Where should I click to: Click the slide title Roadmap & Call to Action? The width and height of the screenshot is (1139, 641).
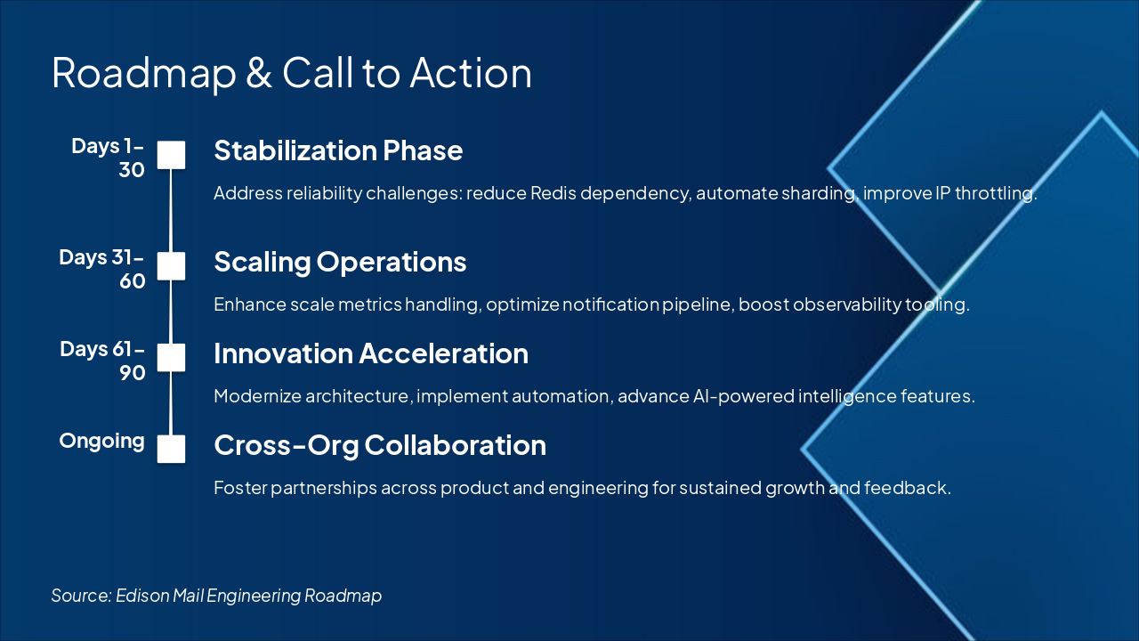coord(292,73)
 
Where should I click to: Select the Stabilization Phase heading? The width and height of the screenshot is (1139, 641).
coord(338,150)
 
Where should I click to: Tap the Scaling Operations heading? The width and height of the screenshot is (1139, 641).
coord(340,263)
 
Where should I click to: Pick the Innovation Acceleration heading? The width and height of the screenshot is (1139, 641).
coord(371,353)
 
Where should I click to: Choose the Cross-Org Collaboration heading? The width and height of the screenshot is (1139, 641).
coord(380,446)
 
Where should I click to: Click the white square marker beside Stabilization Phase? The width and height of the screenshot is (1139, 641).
coord(171,155)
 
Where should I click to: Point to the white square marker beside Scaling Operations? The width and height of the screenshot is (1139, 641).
coord(171,266)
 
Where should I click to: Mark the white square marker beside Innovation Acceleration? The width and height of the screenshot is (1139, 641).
coord(171,358)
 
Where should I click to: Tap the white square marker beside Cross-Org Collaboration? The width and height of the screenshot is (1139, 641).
coord(171,450)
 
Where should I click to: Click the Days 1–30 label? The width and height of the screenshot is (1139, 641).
coord(108,158)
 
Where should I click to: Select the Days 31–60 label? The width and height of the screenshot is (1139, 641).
coord(102,269)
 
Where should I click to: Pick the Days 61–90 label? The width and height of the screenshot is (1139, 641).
coord(102,361)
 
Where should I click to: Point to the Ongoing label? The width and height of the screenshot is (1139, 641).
coord(101,442)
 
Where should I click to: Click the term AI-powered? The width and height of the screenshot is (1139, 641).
coord(743,397)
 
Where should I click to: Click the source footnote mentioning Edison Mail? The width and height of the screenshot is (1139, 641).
coord(216,596)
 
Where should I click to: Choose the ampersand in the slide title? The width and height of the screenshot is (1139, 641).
coord(259,74)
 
